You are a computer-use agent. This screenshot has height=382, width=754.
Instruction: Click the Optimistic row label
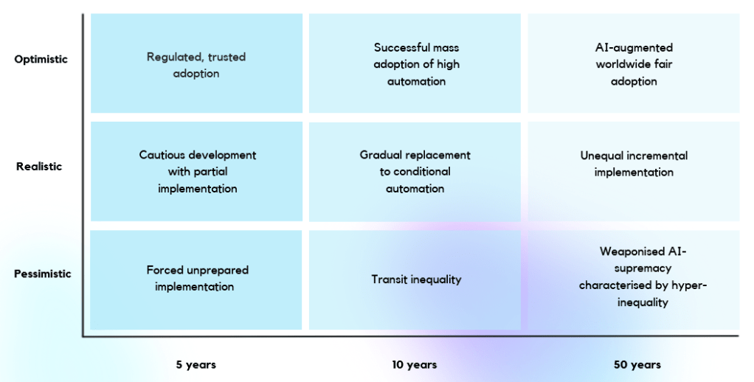click(41, 60)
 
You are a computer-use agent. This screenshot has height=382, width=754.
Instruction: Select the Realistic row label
click(39, 166)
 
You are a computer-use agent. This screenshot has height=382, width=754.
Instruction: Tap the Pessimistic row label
click(42, 274)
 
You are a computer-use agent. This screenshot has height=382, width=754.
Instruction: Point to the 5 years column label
click(196, 365)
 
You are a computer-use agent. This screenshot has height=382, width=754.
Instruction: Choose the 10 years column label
click(415, 365)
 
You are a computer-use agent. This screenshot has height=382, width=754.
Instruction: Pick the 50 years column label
click(637, 365)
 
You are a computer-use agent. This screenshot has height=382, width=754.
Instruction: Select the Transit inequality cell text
click(416, 279)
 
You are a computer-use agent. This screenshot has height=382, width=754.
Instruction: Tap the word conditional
click(422, 172)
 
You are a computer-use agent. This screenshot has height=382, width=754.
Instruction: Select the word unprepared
click(219, 271)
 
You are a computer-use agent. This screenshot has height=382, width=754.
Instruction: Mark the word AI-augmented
click(634, 48)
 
